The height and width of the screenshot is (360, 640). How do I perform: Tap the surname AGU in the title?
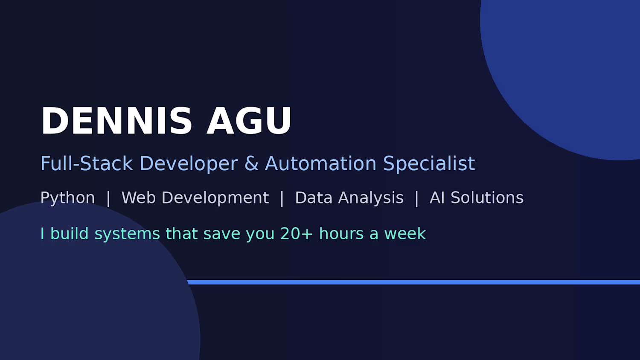[x=249, y=120]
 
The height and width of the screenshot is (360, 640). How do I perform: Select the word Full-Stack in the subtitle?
[x=87, y=163]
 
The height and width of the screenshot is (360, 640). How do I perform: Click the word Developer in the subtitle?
[x=189, y=164]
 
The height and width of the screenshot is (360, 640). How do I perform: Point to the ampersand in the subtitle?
[x=251, y=163]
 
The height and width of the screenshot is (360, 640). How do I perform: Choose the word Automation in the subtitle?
[x=320, y=163]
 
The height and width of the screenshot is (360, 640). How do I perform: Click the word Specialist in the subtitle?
[x=429, y=164]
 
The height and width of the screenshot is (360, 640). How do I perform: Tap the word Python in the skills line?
[x=68, y=198]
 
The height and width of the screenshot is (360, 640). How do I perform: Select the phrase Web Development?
[x=195, y=198]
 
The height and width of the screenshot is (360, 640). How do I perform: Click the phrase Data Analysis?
[x=349, y=198]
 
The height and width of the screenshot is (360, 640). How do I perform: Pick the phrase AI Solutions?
[x=477, y=197]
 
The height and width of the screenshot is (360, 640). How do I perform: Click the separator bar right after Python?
[x=108, y=198]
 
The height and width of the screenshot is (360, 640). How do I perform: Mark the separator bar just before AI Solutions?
[x=416, y=198]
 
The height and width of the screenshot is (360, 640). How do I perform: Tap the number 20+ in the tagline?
[x=297, y=234]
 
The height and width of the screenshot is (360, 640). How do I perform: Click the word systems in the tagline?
[x=127, y=234]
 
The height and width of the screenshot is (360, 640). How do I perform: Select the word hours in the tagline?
[x=341, y=233]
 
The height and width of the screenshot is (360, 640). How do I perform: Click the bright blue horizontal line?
[x=413, y=282]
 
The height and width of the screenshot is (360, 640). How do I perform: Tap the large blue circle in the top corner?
[x=566, y=71]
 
